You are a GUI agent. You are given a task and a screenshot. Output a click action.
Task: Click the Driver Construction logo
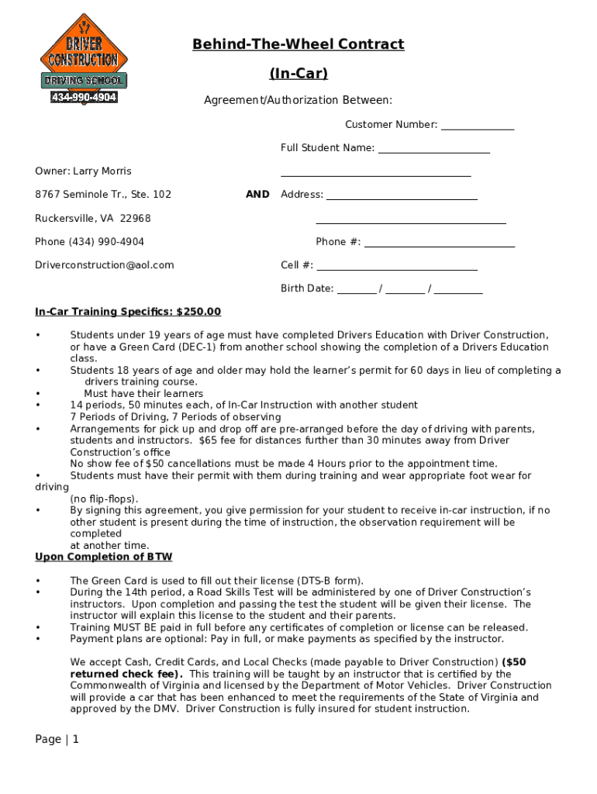point(84,59)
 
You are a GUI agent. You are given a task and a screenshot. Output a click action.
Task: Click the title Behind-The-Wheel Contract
point(298,44)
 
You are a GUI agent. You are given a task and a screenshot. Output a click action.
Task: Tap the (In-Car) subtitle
point(298,74)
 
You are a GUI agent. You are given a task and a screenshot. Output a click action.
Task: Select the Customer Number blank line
point(478,126)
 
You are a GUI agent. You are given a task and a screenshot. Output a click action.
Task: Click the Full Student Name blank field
point(433,149)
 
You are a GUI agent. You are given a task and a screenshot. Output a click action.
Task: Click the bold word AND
point(257,195)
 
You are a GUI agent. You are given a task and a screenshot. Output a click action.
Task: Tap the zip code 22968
point(135,219)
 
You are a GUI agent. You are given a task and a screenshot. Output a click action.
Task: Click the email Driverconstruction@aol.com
point(105,265)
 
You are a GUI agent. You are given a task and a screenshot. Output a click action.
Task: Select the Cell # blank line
point(396,266)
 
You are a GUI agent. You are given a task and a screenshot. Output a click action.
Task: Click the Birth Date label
point(307,289)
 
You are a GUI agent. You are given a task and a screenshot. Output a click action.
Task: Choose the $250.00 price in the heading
point(198,312)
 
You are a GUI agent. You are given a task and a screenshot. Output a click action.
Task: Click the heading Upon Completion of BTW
point(104,557)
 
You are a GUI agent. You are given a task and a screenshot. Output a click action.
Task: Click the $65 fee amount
point(207,440)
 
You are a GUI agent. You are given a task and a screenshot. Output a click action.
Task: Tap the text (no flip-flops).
point(105,499)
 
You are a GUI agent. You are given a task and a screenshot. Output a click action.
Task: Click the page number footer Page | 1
point(57,739)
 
